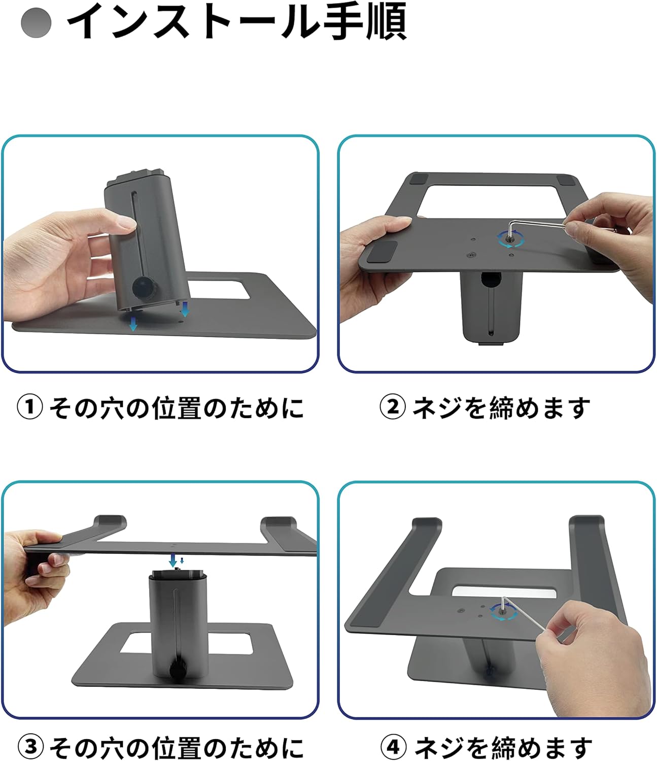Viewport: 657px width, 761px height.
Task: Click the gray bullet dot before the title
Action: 36,23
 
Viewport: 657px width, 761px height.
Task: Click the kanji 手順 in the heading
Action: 365,21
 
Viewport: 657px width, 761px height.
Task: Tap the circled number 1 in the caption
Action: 30,407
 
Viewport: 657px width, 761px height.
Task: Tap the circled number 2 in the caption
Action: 393,407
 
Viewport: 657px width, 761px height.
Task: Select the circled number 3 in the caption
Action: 30,746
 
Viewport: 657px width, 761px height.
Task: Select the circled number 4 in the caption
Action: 394,746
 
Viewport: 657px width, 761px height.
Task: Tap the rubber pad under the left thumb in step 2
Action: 382,252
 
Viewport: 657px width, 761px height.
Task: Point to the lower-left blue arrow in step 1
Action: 133,324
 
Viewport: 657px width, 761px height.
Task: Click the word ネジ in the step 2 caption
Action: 437,407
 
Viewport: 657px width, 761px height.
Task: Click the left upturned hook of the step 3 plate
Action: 110,523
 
